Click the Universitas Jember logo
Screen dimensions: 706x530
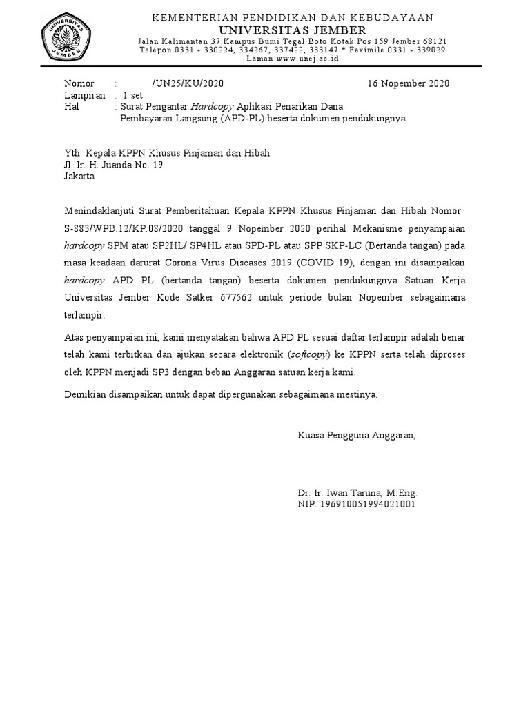click(x=67, y=37)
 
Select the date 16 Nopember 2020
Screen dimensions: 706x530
click(x=409, y=84)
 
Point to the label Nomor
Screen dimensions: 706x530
click(x=79, y=84)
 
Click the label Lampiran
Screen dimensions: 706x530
click(x=84, y=96)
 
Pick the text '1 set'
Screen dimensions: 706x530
click(x=134, y=96)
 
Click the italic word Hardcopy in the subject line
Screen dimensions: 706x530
click(x=213, y=107)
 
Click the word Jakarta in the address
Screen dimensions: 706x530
click(x=79, y=176)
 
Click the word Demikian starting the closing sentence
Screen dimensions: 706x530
click(x=84, y=395)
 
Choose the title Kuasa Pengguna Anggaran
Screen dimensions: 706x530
click(x=356, y=436)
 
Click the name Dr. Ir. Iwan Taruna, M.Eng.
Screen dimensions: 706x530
click(x=357, y=494)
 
